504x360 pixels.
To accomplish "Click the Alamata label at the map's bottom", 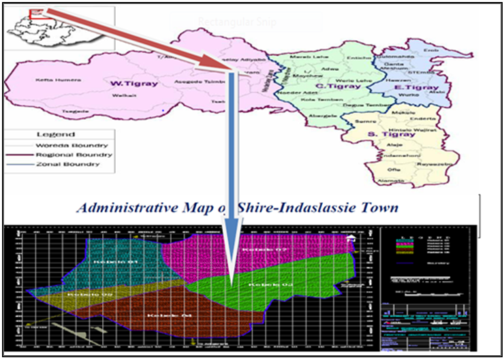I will (x=385, y=180).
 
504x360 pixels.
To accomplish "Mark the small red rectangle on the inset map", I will (x=37, y=12).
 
